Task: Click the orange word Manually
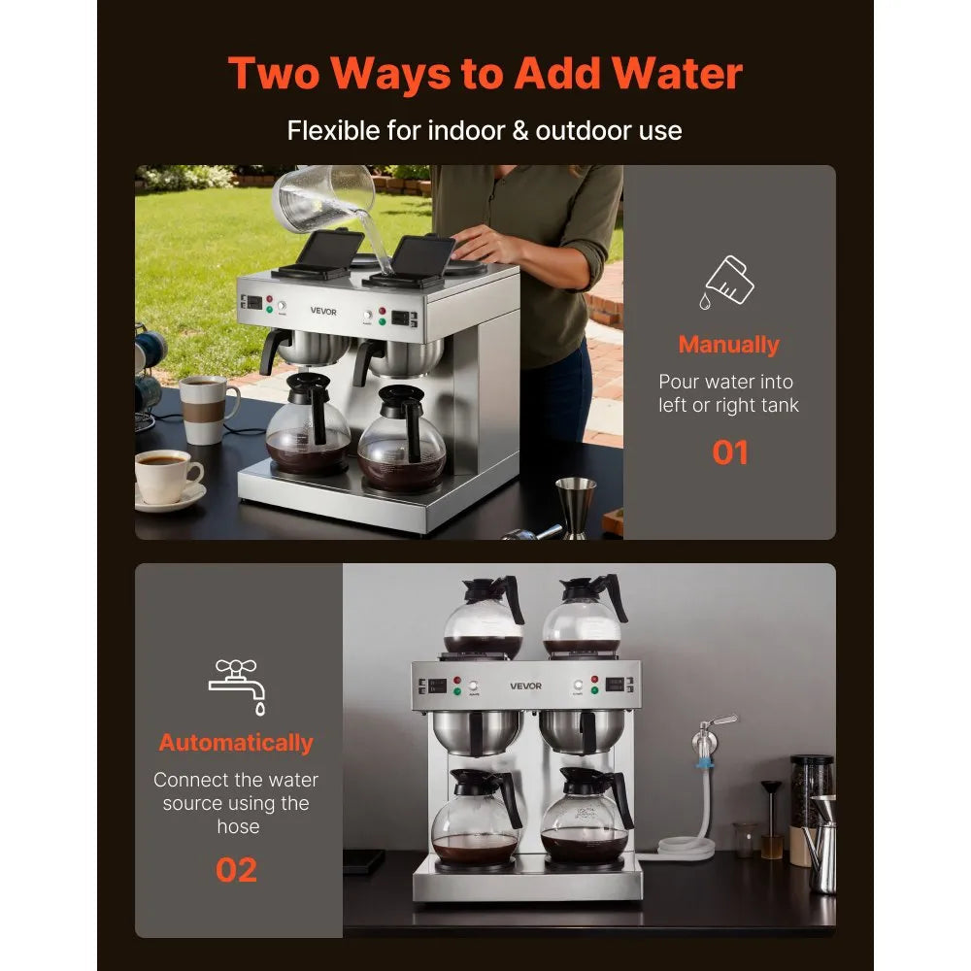728,345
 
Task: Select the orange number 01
729,452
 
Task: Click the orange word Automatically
236,743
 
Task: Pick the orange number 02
236,870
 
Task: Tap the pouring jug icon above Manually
728,283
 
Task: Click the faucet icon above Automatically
237,686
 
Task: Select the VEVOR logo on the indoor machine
525,686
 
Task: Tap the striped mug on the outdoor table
206,409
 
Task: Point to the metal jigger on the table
575,506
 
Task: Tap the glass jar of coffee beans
810,807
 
